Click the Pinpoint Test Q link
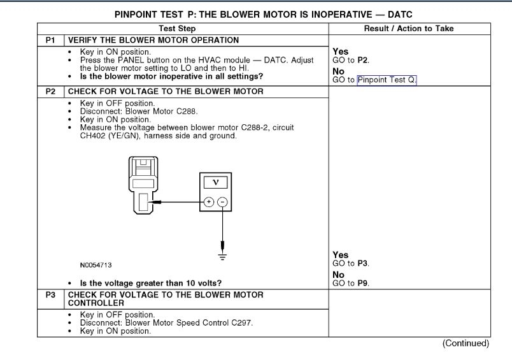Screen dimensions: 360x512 coord(387,80)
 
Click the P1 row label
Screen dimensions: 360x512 coord(50,40)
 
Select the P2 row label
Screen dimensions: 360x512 coord(50,92)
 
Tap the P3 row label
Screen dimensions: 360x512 coord(50,295)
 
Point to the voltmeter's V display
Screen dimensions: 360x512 coord(215,182)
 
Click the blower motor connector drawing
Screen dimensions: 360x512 coord(144,184)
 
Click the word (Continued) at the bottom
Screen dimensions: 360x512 coord(466,343)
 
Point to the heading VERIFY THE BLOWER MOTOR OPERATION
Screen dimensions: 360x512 coord(153,40)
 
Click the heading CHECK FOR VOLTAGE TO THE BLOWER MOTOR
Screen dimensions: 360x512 coord(166,92)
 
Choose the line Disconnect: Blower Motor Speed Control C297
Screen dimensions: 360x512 coord(166,323)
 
